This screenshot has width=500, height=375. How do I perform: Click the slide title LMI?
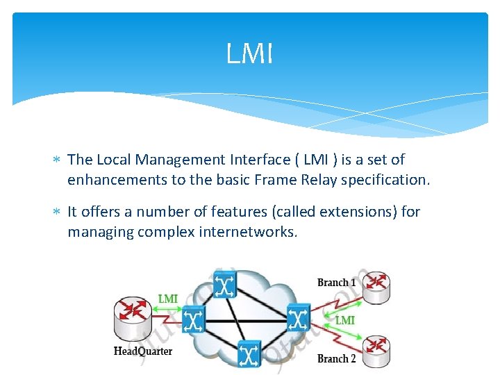click(250, 54)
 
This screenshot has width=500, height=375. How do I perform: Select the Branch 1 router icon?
click(376, 286)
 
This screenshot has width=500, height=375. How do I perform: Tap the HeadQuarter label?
click(143, 351)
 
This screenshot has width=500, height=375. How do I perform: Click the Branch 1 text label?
click(337, 283)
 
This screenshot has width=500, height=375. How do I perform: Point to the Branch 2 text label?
click(337, 359)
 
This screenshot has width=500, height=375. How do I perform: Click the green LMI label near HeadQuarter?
click(168, 299)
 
